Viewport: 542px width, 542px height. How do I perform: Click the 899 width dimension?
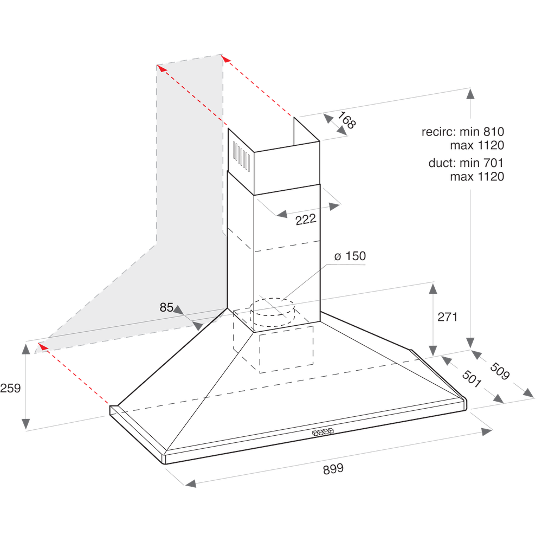click(x=333, y=469)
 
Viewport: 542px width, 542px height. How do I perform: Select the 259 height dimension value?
click(x=10, y=388)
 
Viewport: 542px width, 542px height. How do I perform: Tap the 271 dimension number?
click(x=448, y=317)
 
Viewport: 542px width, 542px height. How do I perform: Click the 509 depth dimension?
click(x=500, y=371)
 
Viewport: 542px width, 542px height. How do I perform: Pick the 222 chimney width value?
click(x=306, y=220)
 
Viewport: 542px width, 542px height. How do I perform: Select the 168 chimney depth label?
click(x=347, y=120)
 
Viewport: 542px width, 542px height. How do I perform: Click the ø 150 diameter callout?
click(x=350, y=256)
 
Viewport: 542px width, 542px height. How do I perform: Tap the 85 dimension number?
click(x=166, y=308)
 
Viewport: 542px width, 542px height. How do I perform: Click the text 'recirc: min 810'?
click(x=463, y=131)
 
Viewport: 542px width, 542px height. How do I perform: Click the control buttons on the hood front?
click(x=322, y=433)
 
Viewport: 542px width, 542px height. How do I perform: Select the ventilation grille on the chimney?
click(x=241, y=158)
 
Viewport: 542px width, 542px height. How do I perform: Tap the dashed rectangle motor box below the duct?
click(x=286, y=352)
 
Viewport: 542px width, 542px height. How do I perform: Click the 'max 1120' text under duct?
click(x=477, y=177)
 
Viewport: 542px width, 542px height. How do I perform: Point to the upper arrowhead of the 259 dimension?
click(x=26, y=347)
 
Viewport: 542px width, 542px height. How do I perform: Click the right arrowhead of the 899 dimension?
click(x=486, y=431)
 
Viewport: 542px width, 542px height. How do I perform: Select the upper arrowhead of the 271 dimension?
click(x=433, y=288)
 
